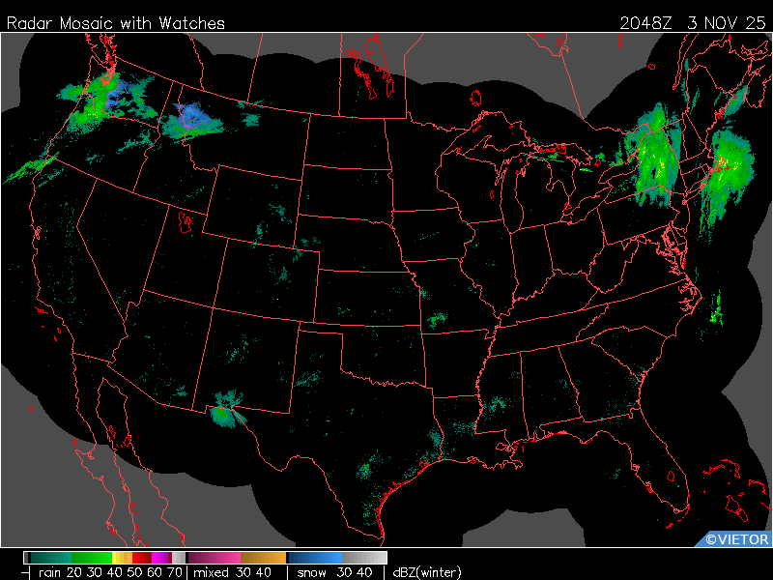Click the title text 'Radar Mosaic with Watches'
116,23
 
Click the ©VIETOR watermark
736,539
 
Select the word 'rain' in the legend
50,572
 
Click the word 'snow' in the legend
311,572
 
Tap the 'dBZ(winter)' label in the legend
426,572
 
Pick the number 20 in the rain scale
73,572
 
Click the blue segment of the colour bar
324,558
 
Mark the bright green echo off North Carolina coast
716,310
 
